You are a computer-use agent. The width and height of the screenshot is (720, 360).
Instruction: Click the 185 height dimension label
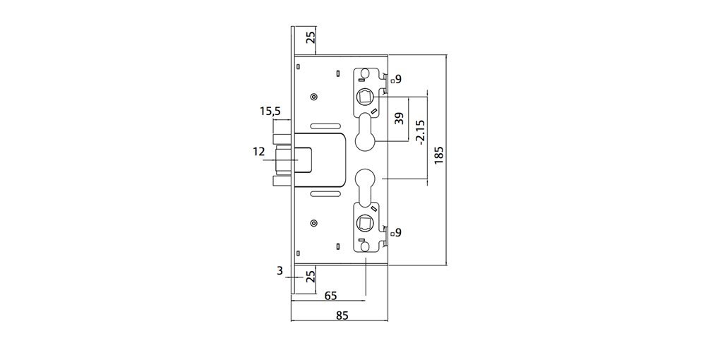[x=438, y=156]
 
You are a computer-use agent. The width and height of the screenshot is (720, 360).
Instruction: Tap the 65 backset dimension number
[x=330, y=295]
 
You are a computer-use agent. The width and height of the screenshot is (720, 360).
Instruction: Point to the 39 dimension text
[x=400, y=119]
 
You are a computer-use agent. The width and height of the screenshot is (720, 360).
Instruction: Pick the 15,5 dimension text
[x=270, y=112]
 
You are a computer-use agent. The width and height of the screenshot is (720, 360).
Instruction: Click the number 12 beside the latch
[x=259, y=151]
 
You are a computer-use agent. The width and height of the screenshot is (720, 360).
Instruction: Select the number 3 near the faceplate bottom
[x=280, y=271]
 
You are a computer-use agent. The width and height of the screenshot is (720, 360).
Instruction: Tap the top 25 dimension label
[x=311, y=37]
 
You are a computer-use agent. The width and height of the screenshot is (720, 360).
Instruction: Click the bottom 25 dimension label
[x=311, y=277]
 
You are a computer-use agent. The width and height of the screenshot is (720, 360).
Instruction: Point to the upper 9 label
[x=398, y=79]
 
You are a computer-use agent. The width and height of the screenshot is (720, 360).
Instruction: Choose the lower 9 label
[x=398, y=232]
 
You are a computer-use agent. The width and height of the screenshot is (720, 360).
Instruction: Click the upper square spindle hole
[x=365, y=97]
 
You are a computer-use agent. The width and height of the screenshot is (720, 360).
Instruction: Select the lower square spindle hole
[x=365, y=224]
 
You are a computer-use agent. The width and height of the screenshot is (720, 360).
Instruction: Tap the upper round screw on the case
[x=313, y=97]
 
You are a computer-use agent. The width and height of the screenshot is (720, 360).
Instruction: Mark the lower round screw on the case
[x=313, y=224]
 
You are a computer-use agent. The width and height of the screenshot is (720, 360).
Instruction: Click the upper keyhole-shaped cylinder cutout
[x=366, y=132]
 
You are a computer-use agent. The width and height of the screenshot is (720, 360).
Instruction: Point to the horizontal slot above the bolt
[x=325, y=126]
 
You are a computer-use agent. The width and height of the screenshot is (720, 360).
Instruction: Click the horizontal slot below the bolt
[x=325, y=194]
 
